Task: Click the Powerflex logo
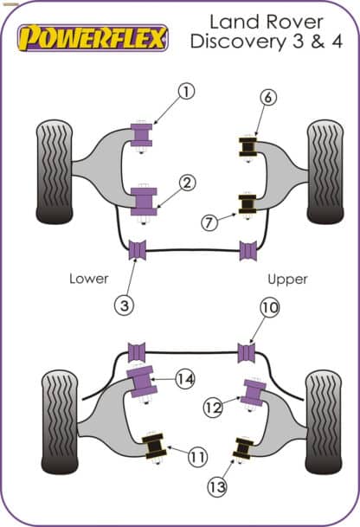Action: pyautogui.click(x=95, y=38)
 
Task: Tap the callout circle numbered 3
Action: pyautogui.click(x=127, y=305)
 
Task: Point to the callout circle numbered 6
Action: pyautogui.click(x=268, y=100)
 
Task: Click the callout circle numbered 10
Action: pyautogui.click(x=270, y=308)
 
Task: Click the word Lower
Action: pyautogui.click(x=89, y=279)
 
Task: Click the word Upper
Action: pyautogui.click(x=288, y=280)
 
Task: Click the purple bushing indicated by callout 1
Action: pyautogui.click(x=140, y=135)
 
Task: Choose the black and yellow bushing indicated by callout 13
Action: pyautogui.click(x=242, y=449)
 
